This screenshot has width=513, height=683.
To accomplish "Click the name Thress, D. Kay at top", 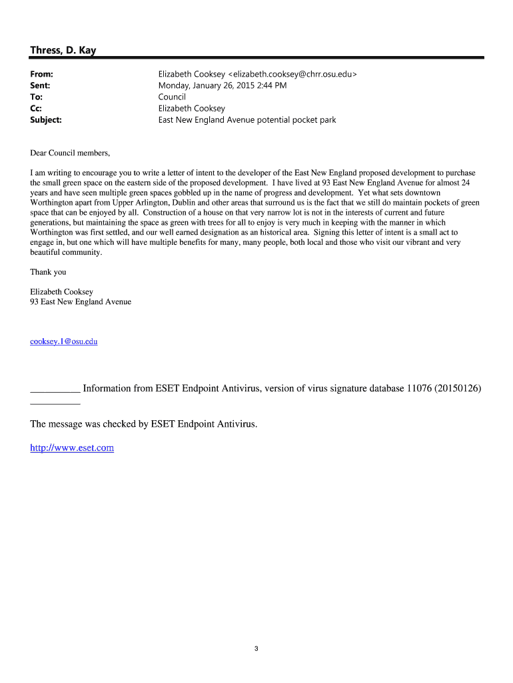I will (x=63, y=51).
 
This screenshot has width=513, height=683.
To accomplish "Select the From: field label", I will (x=41, y=74).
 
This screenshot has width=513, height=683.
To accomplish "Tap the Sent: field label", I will (x=40, y=85).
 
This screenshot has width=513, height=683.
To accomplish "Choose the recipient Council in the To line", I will (x=172, y=97).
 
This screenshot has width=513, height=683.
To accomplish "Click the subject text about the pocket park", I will (x=247, y=120).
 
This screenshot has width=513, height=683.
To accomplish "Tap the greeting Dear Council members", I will (x=70, y=153).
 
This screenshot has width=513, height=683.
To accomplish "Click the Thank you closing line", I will (x=48, y=272).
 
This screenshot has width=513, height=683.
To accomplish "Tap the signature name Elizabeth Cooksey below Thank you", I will (x=61, y=291).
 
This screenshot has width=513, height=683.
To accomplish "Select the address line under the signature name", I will (x=81, y=301).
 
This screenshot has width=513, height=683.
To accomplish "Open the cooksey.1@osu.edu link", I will (x=64, y=341).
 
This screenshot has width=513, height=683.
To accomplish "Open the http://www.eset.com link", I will (x=72, y=448).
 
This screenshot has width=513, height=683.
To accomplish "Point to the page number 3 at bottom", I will (x=256, y=648).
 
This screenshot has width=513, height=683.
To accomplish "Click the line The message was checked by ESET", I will (x=143, y=424).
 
